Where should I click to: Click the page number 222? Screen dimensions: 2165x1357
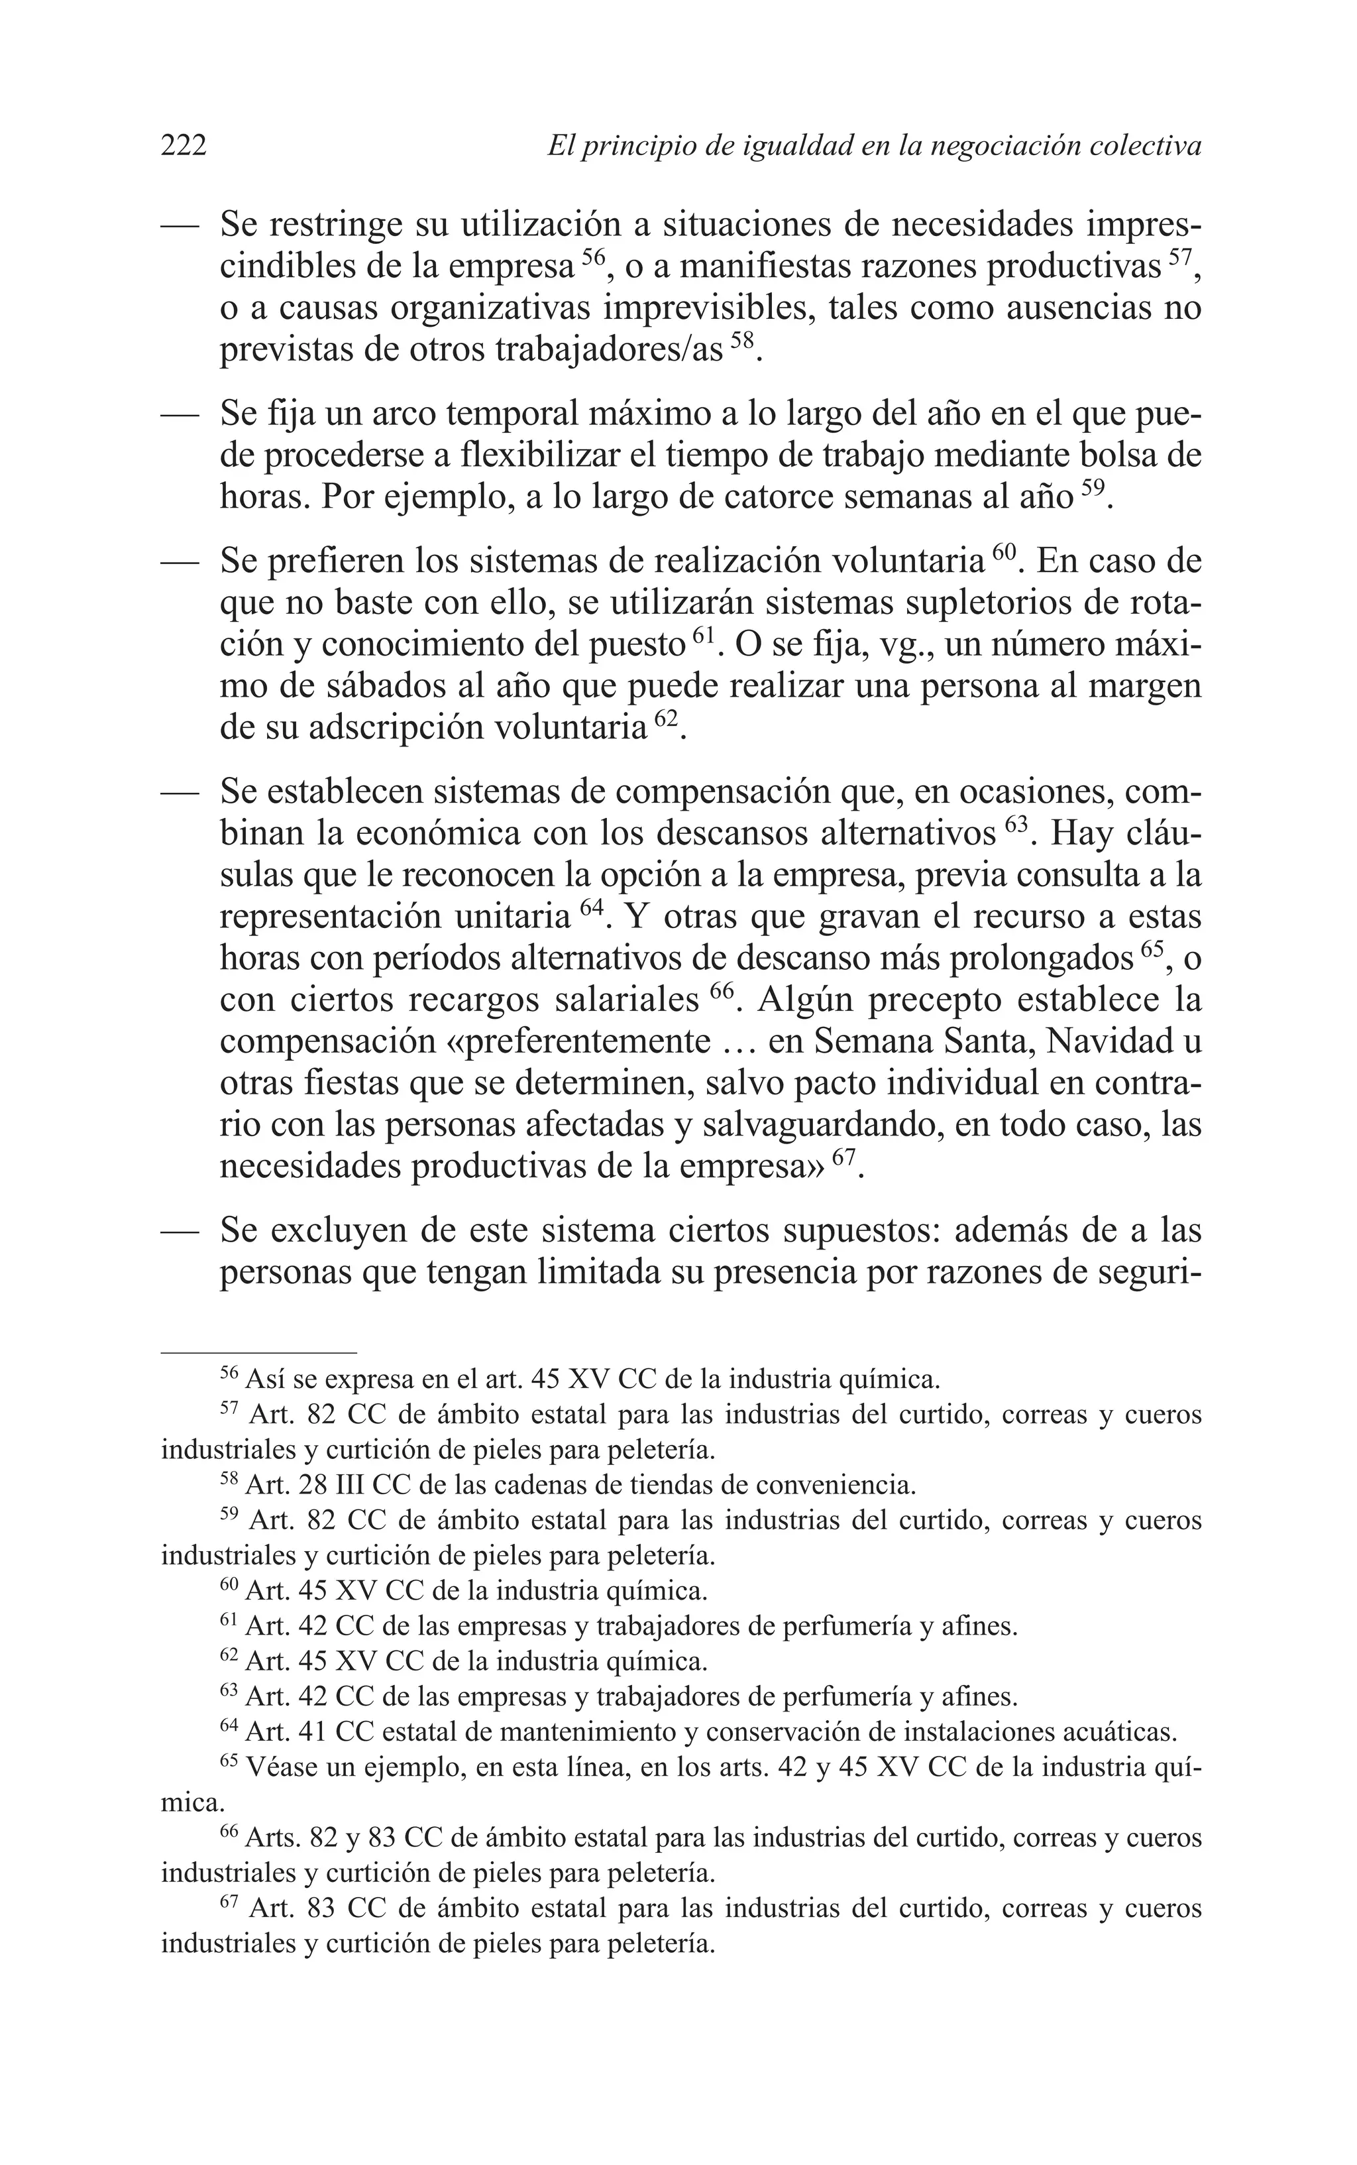coord(184,145)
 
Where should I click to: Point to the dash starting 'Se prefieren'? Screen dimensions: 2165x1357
coord(179,563)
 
